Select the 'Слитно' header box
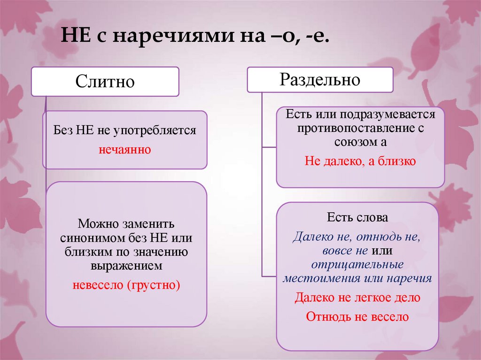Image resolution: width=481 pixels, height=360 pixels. (x=105, y=82)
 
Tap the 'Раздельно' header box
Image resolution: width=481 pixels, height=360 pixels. (x=320, y=79)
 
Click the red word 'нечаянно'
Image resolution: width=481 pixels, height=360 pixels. (x=124, y=150)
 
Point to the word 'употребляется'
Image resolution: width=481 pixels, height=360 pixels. (x=159, y=130)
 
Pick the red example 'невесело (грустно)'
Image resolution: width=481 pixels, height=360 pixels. (x=126, y=285)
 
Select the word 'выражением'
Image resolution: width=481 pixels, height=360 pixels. (x=126, y=266)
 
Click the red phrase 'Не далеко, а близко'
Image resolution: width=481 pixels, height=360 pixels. (x=360, y=161)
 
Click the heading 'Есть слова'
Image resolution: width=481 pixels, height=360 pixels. (x=357, y=218)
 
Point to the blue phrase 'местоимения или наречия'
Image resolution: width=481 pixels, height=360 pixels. (x=357, y=278)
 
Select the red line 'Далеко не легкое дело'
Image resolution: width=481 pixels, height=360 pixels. (x=357, y=298)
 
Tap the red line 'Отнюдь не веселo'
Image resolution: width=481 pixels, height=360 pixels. (x=357, y=316)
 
